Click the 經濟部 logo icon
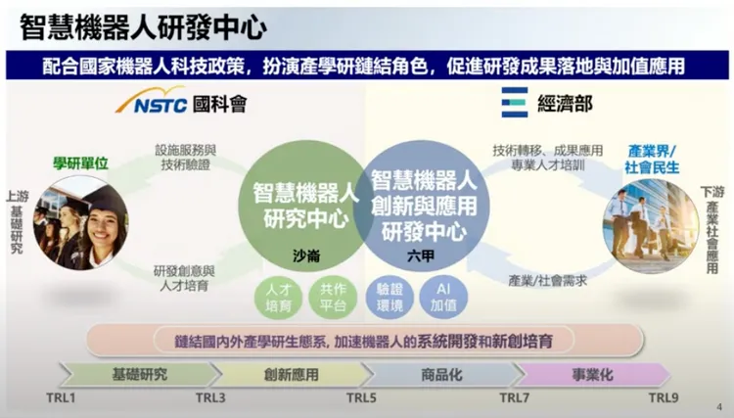pyautogui.click(x=514, y=102)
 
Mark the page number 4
pyautogui.click(x=718, y=406)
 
